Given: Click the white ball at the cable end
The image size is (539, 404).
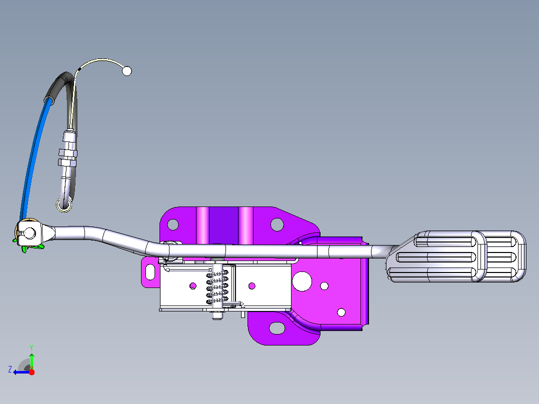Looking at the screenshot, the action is click(x=127, y=71).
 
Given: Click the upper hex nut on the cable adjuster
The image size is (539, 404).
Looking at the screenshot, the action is click(x=67, y=152).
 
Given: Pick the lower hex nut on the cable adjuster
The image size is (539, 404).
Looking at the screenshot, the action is click(x=67, y=162).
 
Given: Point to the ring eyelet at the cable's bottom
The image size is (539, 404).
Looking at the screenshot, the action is click(x=64, y=205).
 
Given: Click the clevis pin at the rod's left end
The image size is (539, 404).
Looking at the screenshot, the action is click(x=29, y=233).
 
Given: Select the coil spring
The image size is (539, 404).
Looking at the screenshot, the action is click(x=217, y=287).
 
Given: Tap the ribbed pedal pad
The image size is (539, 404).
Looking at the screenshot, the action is click(x=456, y=256).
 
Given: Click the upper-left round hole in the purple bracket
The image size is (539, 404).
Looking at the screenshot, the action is click(x=173, y=225).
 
